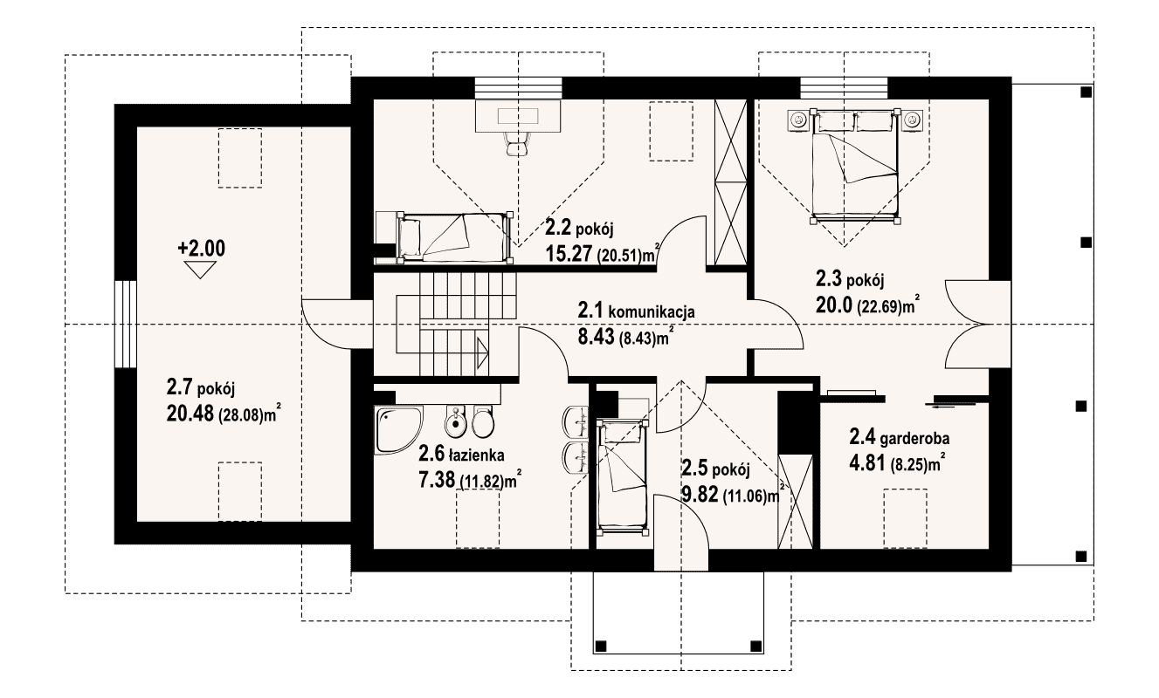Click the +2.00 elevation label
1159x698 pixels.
[x=201, y=249]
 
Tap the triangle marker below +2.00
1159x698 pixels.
[x=200, y=270]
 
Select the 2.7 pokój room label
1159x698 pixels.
[x=201, y=387]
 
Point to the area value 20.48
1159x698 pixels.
[x=190, y=414]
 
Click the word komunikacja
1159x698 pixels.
[x=652, y=312]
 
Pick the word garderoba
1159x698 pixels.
[x=914, y=439]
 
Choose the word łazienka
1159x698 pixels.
[x=477, y=455]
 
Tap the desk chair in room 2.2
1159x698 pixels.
[x=517, y=143]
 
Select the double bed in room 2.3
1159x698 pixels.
[x=854, y=166]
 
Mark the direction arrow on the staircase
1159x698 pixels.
[x=482, y=353]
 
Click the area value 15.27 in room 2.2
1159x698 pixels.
[x=569, y=253]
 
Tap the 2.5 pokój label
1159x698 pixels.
[x=716, y=469]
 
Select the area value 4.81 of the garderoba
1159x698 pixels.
[x=867, y=463]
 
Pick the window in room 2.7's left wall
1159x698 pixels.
[x=126, y=324]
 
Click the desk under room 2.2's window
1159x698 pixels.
[x=518, y=115]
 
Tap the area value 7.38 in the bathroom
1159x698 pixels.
[x=436, y=481]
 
